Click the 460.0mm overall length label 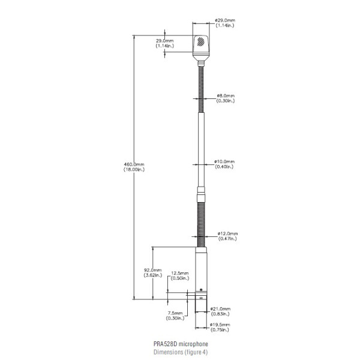coord(134,164)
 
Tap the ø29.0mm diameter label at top coord(225,20)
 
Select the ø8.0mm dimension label coord(226,95)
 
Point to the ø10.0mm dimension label coord(224,161)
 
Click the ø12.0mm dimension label coord(227,233)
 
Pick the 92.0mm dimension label coord(153,270)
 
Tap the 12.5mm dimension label coord(180,273)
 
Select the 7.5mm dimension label coord(175,313)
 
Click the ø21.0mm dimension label coord(220,309)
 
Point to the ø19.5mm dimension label coord(220,325)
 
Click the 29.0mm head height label coord(165,41)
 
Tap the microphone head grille coord(201,41)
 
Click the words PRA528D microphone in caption coord(181,344)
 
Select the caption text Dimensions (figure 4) coord(181,352)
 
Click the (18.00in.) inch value coord(134,169)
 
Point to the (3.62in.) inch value coord(153,275)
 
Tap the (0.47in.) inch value coord(227,239)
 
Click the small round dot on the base coord(201,290)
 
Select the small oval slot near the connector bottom coord(201,298)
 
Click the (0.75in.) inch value coord(220,329)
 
